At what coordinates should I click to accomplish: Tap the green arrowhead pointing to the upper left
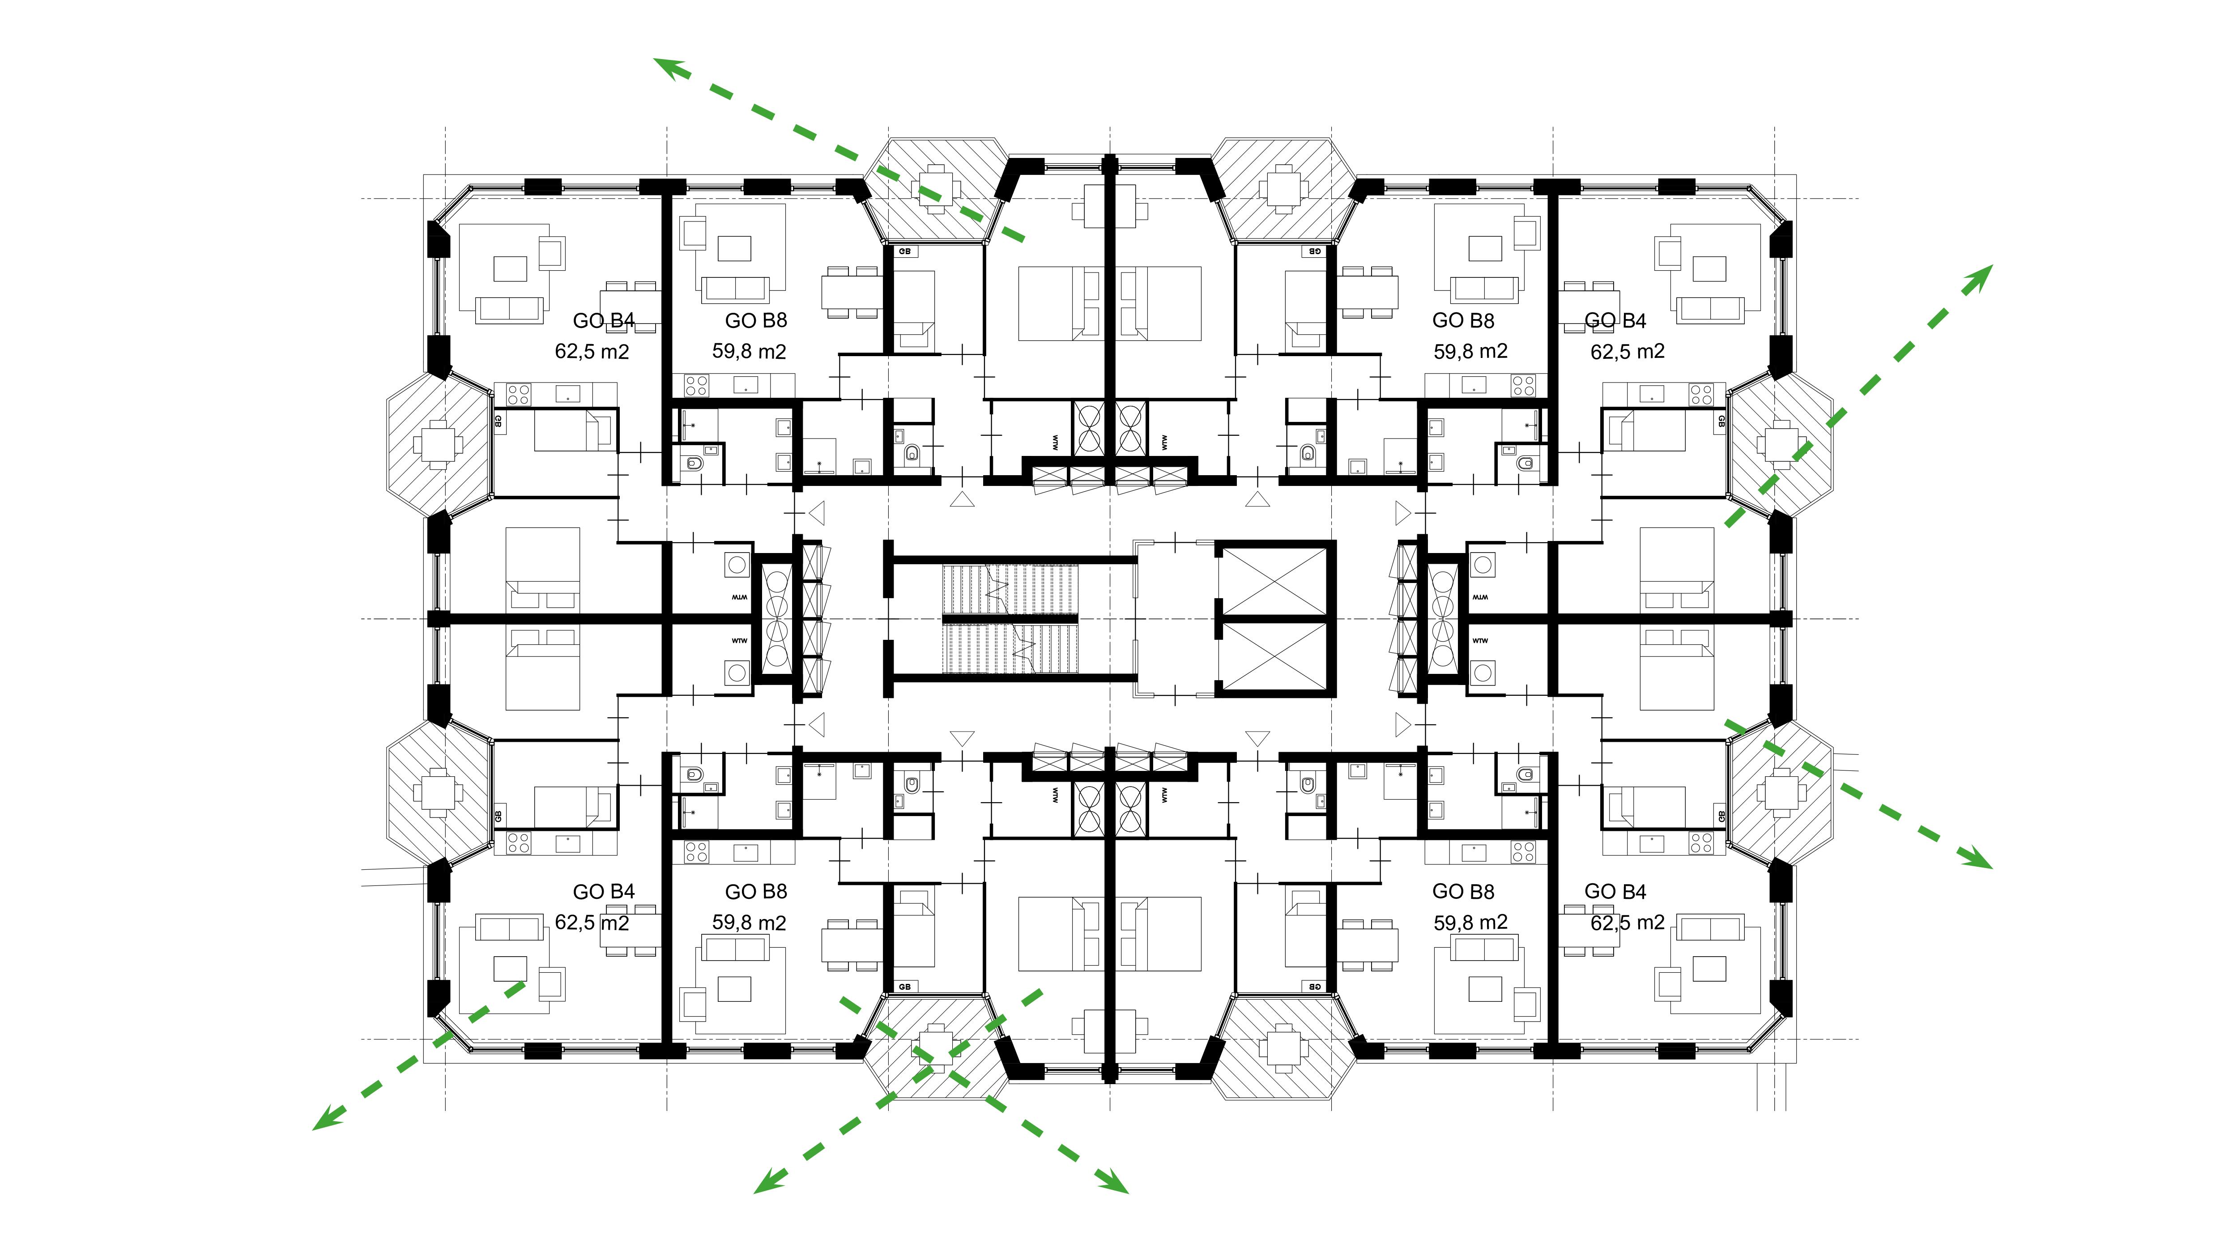click(x=668, y=67)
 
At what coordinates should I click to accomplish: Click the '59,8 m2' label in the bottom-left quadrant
click(x=749, y=923)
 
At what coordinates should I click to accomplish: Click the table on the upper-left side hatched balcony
click(x=439, y=445)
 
